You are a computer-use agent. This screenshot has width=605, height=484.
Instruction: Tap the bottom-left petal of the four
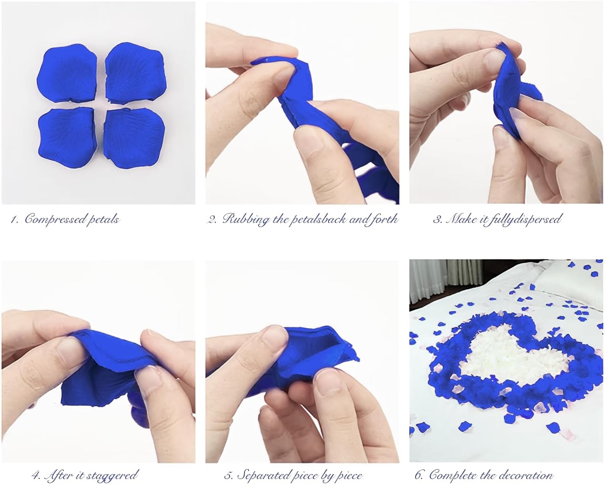68,137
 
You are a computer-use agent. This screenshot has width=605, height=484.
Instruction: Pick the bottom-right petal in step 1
134,138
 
